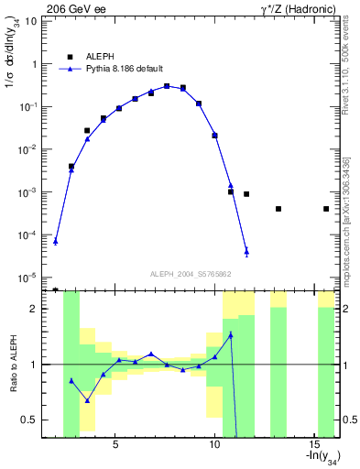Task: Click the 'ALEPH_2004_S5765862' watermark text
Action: pos(191,274)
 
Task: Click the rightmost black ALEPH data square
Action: pos(326,209)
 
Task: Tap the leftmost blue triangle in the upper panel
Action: pos(56,241)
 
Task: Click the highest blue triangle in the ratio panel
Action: pos(231,334)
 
